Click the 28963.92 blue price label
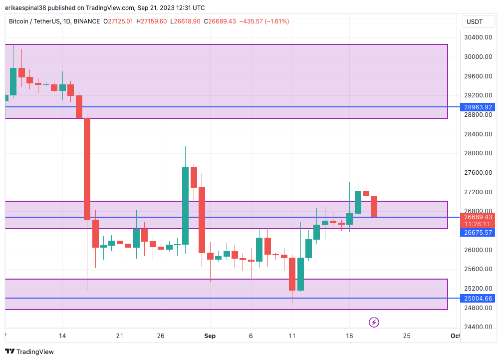click(x=478, y=107)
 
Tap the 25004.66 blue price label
click(x=478, y=299)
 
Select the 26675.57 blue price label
click(x=478, y=232)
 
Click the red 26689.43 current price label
click(x=478, y=217)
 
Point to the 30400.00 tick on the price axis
click(x=478, y=37)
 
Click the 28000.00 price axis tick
click(x=478, y=153)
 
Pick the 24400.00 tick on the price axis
click(x=478, y=327)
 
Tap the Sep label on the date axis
click(x=210, y=336)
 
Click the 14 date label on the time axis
click(x=62, y=336)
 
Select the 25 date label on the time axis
click(x=407, y=336)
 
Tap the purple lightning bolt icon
click(x=374, y=322)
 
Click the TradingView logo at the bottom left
click(x=29, y=352)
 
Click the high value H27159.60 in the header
click(x=153, y=21)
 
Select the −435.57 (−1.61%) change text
click(x=264, y=21)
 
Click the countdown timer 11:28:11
click(x=478, y=224)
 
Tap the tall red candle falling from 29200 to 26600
click(x=87, y=169)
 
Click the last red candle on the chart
click(x=374, y=206)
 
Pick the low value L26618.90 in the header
click(x=185, y=21)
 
